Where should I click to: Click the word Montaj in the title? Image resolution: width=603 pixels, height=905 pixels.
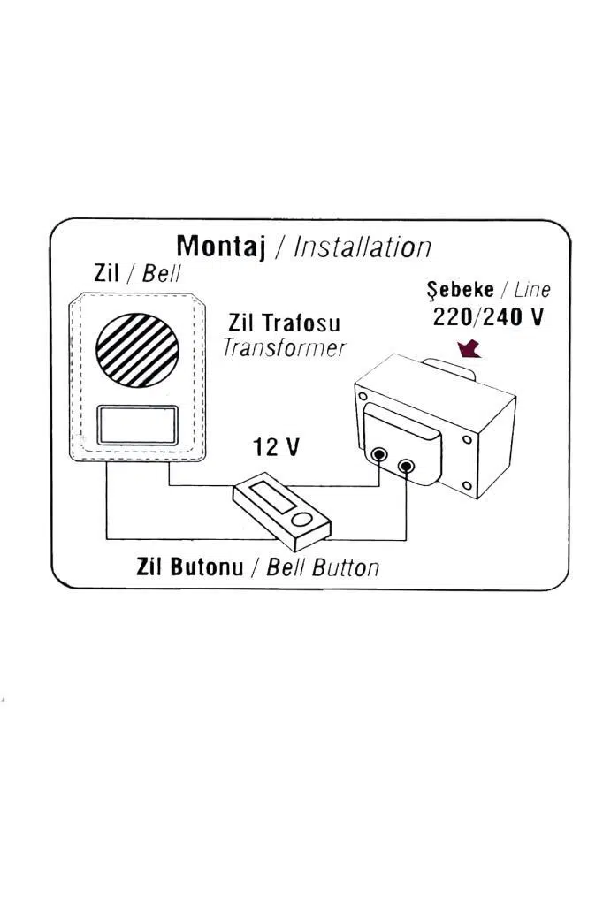[221, 247]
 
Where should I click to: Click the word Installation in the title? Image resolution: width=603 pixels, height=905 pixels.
[363, 247]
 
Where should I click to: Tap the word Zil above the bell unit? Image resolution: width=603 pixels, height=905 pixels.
[106, 272]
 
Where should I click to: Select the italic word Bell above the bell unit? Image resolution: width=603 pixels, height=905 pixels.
[161, 273]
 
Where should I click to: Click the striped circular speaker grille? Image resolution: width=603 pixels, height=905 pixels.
[137, 350]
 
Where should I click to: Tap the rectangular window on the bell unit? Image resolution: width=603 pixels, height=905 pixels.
[137, 425]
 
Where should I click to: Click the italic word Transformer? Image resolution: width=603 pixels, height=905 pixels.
[284, 348]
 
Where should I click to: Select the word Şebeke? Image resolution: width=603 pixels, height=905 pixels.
[461, 290]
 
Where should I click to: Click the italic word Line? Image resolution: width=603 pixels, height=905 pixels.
[531, 290]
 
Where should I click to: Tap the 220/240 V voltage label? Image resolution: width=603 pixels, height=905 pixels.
[488, 317]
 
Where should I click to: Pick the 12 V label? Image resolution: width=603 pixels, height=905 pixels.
[277, 446]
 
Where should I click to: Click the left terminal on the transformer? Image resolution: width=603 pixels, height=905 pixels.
[379, 455]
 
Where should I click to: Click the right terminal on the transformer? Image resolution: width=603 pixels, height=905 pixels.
[407, 465]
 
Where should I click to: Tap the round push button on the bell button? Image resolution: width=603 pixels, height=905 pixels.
[301, 519]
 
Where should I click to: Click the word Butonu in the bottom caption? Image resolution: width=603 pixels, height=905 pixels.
[207, 567]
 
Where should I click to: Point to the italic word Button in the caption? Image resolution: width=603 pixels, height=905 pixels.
[346, 568]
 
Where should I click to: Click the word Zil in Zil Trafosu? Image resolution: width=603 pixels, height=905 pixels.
[241, 323]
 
